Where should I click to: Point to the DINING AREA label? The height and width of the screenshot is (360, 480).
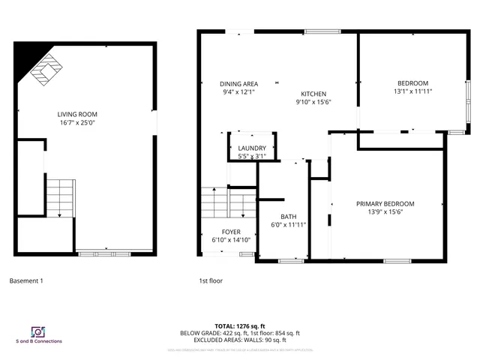tap(238, 84)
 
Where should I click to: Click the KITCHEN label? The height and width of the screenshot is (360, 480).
tap(313, 94)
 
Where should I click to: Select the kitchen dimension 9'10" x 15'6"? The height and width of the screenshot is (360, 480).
tap(313, 102)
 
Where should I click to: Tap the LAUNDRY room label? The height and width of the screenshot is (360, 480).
tap(252, 148)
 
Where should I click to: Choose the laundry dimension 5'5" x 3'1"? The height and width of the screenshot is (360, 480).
tap(252, 157)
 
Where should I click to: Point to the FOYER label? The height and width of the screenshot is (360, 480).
tap(231, 232)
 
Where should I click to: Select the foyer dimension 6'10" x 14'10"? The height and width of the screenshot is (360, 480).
tap(231, 240)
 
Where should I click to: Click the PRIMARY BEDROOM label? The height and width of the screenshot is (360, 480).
tap(385, 204)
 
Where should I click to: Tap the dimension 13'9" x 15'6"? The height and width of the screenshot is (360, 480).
tap(385, 212)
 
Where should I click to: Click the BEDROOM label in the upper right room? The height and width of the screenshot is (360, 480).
tap(412, 82)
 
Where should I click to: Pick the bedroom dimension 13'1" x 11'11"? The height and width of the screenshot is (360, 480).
tap(412, 91)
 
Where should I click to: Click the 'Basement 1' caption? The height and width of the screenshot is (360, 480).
tap(26, 281)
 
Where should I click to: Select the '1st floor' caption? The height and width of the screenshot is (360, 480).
tap(211, 281)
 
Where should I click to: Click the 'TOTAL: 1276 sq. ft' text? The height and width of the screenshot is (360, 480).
tap(239, 326)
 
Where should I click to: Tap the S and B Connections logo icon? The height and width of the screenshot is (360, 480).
tap(36, 331)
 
